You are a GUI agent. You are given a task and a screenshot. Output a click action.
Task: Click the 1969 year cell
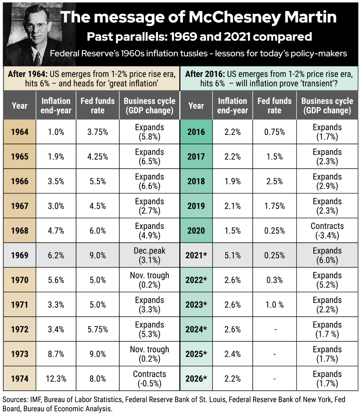pyautogui.click(x=20, y=255)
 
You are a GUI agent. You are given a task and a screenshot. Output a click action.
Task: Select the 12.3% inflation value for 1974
pyautogui.click(x=56, y=379)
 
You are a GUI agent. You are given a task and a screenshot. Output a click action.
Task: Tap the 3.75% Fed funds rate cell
pyautogui.click(x=98, y=132)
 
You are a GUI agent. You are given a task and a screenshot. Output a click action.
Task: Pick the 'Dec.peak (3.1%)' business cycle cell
pyautogui.click(x=150, y=255)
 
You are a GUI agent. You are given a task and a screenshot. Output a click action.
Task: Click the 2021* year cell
pyautogui.click(x=196, y=255)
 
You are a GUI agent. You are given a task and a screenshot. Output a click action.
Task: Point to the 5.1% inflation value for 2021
pyautogui.click(x=233, y=255)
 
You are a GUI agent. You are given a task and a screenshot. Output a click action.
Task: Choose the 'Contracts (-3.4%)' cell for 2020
pyautogui.click(x=327, y=231)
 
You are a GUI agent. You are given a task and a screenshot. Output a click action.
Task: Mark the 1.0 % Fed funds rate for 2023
pyautogui.click(x=275, y=305)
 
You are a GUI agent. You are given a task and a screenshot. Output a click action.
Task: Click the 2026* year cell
pyautogui.click(x=196, y=379)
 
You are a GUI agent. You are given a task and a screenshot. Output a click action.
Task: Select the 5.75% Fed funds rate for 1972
pyautogui.click(x=98, y=329)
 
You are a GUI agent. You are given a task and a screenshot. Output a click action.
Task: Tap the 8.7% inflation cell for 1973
pyautogui.click(x=56, y=354)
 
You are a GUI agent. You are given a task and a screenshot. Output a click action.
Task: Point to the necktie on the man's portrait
pyautogui.click(x=37, y=59)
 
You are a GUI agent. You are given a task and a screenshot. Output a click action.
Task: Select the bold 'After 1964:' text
pyautogui.click(x=28, y=74)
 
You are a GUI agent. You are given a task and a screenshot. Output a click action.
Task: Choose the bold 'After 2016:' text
pyautogui.click(x=205, y=74)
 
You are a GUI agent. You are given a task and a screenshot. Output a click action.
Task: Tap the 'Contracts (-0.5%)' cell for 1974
pyautogui.click(x=150, y=379)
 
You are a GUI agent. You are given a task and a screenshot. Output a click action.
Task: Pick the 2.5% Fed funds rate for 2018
pyautogui.click(x=275, y=181)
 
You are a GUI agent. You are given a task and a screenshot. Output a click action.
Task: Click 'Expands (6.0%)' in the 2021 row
pyautogui.click(x=327, y=255)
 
